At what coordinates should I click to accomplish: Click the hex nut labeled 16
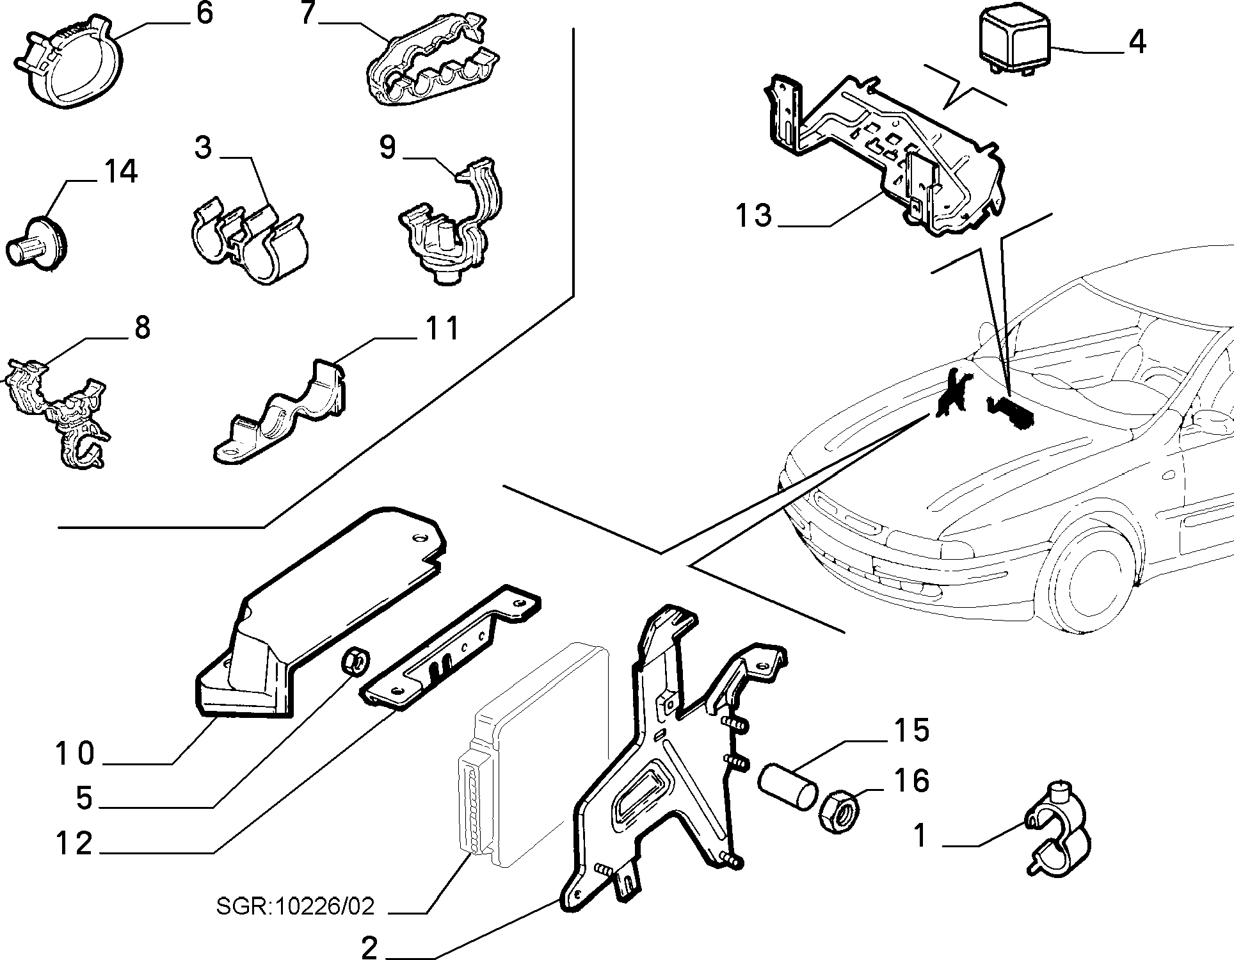click(838, 811)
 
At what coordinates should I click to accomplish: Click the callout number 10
click(75, 754)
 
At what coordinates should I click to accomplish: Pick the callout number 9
click(388, 147)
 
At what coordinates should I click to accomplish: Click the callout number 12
click(74, 843)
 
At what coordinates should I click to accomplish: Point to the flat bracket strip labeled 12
click(451, 647)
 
